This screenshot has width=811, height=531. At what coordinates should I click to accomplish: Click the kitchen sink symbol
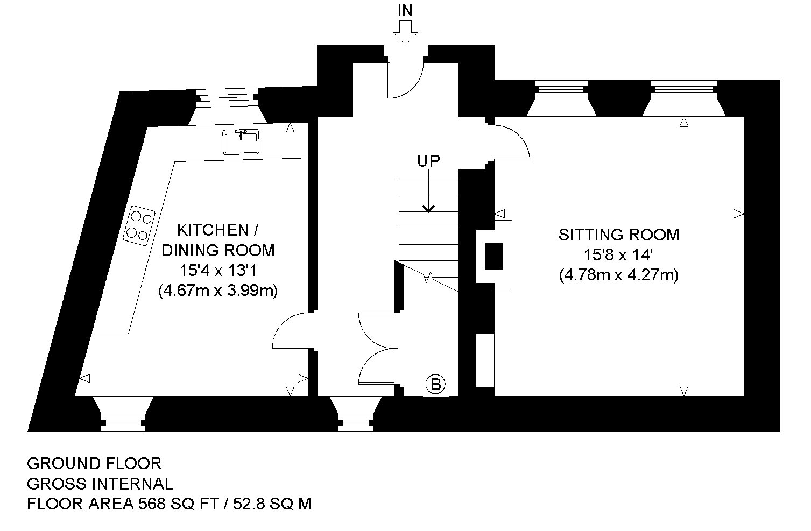coord(241,142)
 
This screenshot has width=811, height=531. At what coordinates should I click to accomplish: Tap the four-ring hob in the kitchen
coord(139,226)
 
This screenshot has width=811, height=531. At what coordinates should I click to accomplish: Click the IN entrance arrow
coord(406,33)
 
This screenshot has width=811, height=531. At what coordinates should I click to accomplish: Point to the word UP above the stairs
coord(428,161)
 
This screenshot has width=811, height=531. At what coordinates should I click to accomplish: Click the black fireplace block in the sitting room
coord(494,256)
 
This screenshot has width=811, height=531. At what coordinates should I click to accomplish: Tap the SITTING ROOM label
coord(619,235)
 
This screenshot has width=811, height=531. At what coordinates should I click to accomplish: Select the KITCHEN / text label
coord(217,230)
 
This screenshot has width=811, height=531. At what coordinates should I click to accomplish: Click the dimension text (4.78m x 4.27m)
coord(619,275)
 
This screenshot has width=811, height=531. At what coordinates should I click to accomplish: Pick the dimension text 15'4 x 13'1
coord(217,271)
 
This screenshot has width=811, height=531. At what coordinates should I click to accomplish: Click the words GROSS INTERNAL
coord(100,484)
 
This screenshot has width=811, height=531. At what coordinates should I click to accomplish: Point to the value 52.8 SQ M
coord(272,504)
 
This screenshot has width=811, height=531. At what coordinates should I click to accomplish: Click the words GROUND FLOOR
coord(94,464)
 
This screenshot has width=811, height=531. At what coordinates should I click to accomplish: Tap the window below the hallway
coord(356,414)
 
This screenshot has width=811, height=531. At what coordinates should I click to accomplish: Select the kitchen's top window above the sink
coord(227,105)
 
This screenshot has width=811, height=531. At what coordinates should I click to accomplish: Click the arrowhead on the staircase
coord(429,209)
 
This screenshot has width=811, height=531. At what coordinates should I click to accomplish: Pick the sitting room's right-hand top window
coord(684,98)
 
